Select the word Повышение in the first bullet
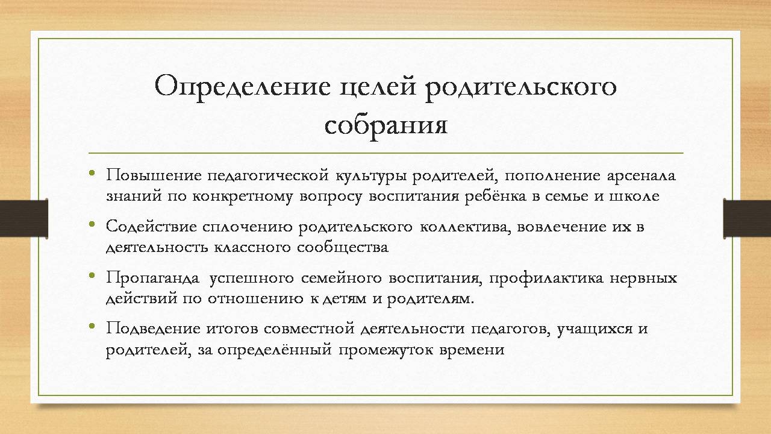154,176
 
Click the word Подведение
152,329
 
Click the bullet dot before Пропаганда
92,275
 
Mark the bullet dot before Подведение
92,327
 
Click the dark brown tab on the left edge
23,218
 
